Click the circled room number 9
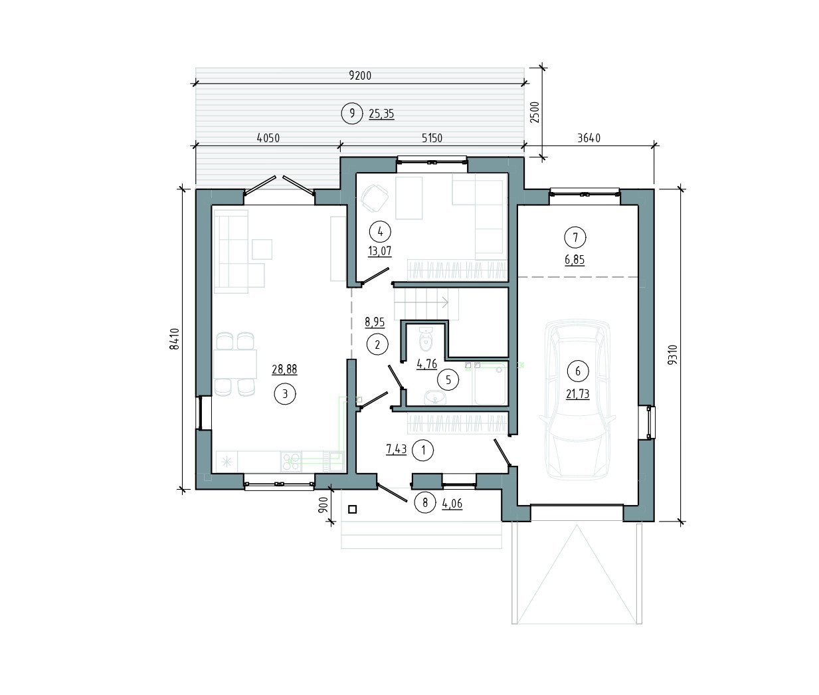(x=352, y=114)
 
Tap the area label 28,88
(x=284, y=369)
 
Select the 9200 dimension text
(x=360, y=75)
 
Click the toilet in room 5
(x=426, y=340)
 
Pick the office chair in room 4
(x=374, y=198)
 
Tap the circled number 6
(x=577, y=371)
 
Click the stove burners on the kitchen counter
(x=291, y=462)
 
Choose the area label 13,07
(x=379, y=251)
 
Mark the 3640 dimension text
(x=589, y=138)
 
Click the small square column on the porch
(x=352, y=510)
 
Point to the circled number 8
(x=425, y=503)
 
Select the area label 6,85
(x=575, y=260)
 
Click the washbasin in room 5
(x=435, y=397)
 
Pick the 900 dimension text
(x=323, y=506)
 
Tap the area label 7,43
(x=397, y=449)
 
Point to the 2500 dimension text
(x=535, y=112)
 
